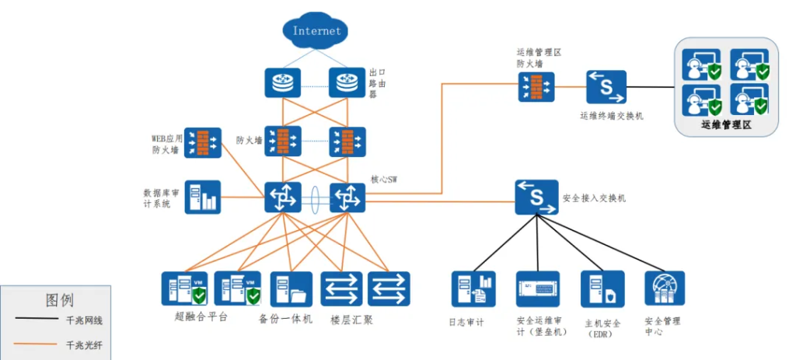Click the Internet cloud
click(x=316, y=32)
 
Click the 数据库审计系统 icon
click(x=202, y=197)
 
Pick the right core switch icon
click(x=347, y=197)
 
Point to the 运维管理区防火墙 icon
click(x=538, y=85)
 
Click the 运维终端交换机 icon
click(x=606, y=87)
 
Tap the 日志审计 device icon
click(x=473, y=289)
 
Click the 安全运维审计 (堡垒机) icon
click(x=537, y=289)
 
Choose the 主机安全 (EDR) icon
click(x=602, y=289)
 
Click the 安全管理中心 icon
click(x=665, y=288)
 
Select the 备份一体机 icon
click(x=292, y=289)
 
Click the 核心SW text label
click(x=383, y=179)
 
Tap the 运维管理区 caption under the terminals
click(x=726, y=124)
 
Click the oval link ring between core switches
click(x=315, y=197)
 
